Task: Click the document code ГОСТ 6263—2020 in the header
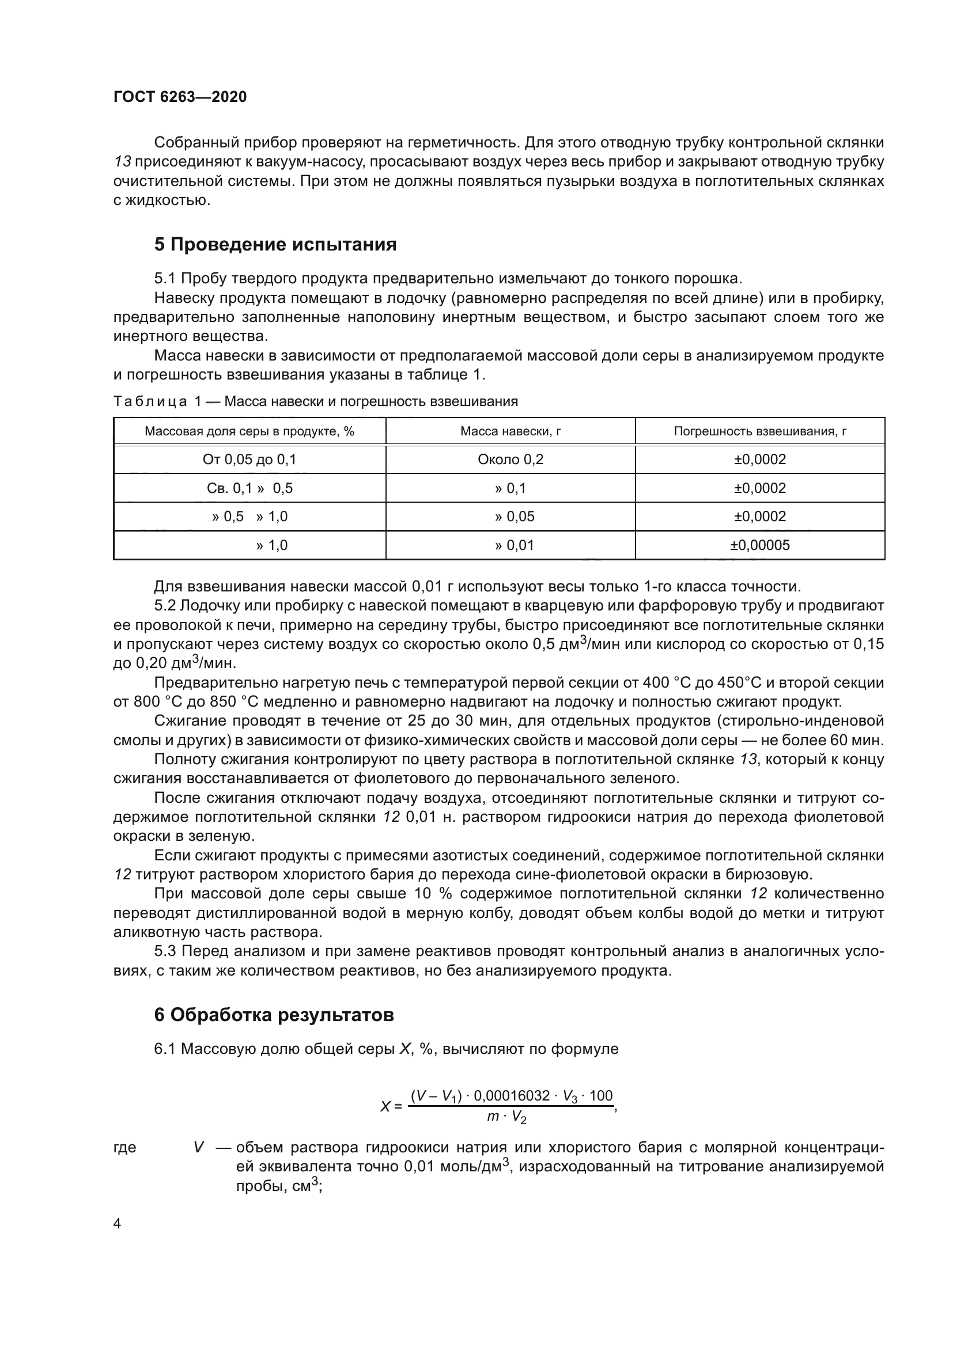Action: tap(180, 97)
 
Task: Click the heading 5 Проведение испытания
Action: tap(275, 244)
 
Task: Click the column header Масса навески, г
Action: tap(510, 431)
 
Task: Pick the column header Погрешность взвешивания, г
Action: tap(759, 431)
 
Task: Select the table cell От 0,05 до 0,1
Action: tap(249, 460)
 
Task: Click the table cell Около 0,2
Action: tap(510, 460)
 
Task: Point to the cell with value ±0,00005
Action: tap(759, 545)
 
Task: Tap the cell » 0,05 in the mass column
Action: tap(515, 516)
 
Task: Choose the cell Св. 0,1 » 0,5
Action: tap(249, 488)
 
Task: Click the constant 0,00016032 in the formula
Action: tap(512, 1096)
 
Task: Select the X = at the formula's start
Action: tap(391, 1106)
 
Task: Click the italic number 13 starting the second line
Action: tap(123, 162)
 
